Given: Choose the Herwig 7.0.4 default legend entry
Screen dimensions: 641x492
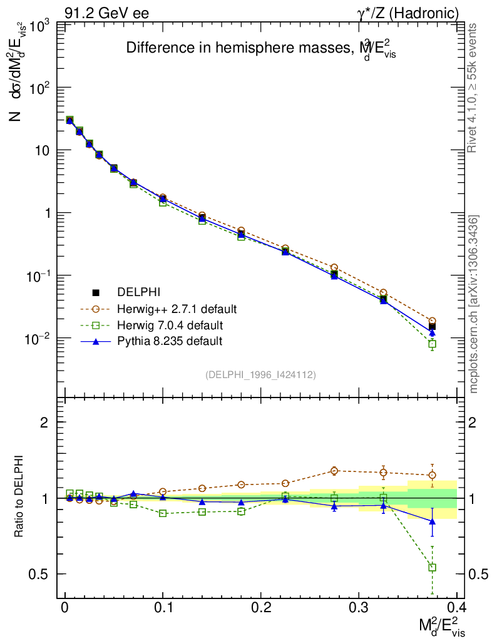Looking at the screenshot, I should pos(170,325).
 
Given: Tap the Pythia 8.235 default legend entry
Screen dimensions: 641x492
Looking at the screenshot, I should pos(170,341).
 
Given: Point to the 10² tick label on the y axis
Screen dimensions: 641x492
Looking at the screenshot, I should pos(39,88).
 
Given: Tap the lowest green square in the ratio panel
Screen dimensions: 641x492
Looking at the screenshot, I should pos(432,567).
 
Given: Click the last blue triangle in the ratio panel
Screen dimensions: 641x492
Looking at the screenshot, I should pos(432,521).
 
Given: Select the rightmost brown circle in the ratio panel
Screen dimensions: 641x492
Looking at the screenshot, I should pos(432,475).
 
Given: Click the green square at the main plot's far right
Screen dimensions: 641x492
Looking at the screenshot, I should pos(432,344).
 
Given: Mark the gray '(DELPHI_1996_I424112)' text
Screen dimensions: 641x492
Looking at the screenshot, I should pos(260,374).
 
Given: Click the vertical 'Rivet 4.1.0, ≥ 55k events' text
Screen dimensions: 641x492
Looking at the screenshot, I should pos(473,88).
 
